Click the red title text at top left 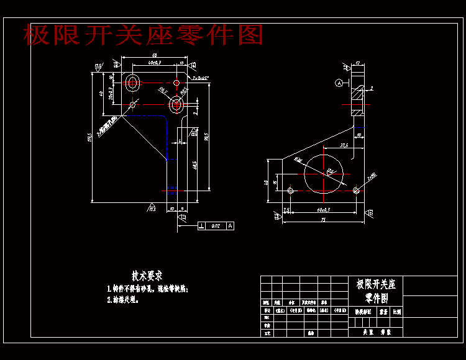tap(143, 35)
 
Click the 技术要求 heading tap(147, 275)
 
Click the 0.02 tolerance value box tap(216, 226)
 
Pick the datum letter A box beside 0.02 tap(231, 226)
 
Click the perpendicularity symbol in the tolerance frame tap(202, 226)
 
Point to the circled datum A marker tap(339, 83)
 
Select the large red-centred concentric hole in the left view tap(177, 104)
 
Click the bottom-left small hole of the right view tap(290, 189)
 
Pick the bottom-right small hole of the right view tap(355, 189)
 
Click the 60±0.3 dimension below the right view tap(322, 210)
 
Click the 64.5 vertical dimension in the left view tap(194, 165)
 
